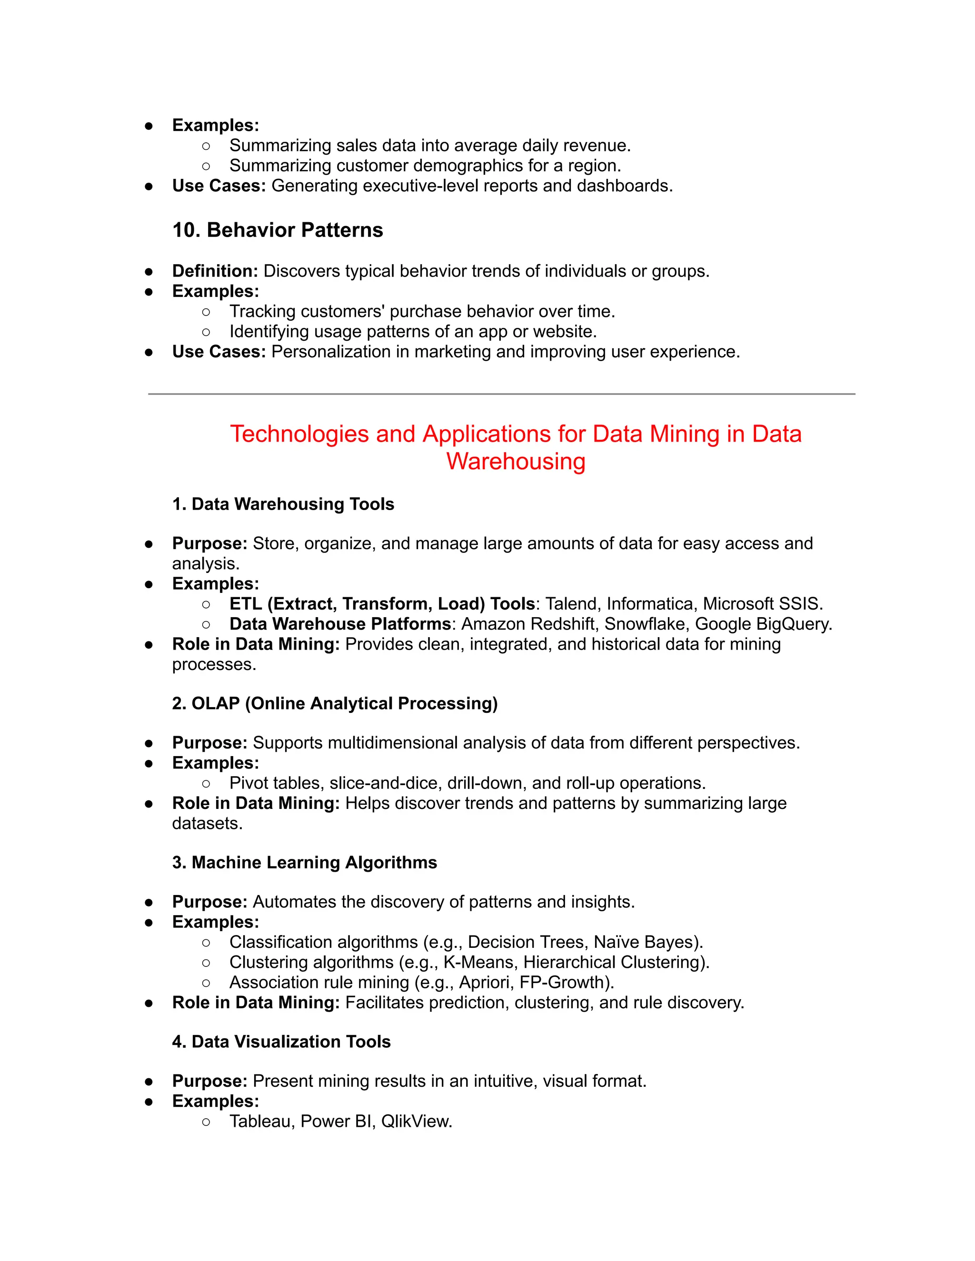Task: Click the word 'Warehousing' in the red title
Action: pos(516,461)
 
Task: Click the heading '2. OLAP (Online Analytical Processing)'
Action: pos(334,703)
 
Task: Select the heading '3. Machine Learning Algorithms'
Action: pos(304,862)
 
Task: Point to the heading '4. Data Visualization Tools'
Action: pos(281,1042)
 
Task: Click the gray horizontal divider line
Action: pos(501,394)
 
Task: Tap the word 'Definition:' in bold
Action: pos(215,271)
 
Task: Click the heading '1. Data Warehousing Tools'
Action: pos(283,504)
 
